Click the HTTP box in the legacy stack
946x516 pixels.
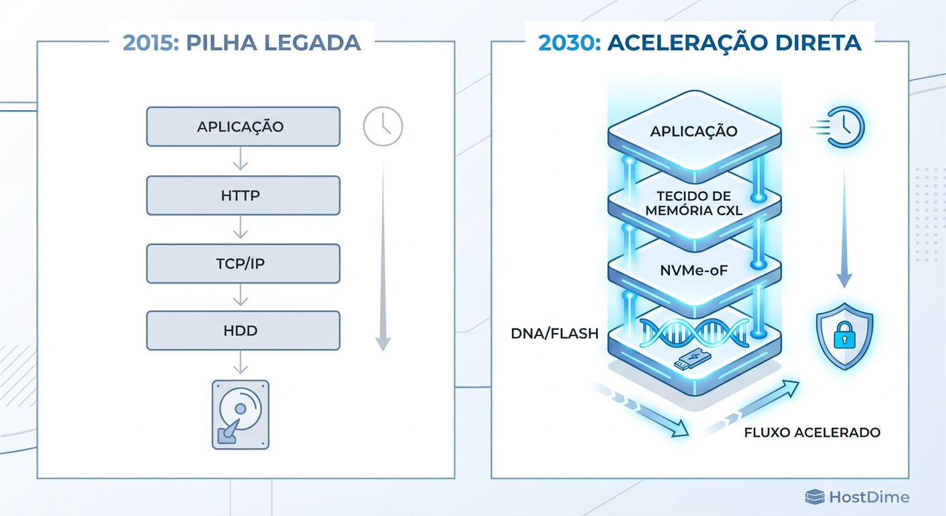coord(243,196)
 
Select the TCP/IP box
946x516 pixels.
coord(243,263)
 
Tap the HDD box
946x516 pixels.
coord(243,330)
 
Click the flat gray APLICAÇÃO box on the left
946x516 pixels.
coord(243,126)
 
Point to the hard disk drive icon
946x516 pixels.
coord(241,415)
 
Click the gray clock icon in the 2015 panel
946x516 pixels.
coord(382,126)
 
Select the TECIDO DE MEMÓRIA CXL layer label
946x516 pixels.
coord(694,203)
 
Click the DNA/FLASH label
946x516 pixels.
coord(554,333)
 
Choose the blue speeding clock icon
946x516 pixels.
coord(845,126)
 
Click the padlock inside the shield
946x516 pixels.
coord(843,336)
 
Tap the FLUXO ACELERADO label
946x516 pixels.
coord(812,432)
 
